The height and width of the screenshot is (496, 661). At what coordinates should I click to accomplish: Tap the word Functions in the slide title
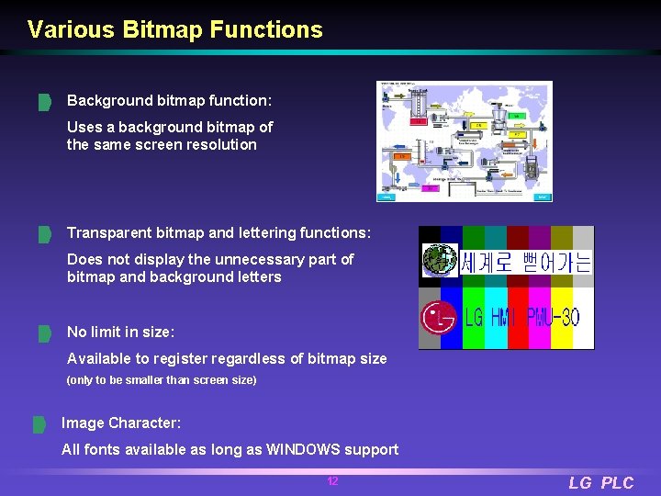(266, 29)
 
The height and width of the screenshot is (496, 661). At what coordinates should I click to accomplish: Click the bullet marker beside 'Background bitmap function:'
(43, 101)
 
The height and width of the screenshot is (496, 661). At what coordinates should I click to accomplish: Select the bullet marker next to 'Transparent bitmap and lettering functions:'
(43, 235)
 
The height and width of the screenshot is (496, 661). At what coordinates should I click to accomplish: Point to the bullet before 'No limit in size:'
(43, 333)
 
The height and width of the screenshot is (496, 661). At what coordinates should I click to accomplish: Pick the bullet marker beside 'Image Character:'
(39, 424)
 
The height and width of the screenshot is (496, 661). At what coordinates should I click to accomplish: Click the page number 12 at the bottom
(332, 481)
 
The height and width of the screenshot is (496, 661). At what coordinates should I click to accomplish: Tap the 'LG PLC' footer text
(600, 483)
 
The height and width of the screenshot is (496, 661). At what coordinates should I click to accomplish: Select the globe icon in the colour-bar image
(439, 261)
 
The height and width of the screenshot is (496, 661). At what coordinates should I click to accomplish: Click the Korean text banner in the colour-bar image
(526, 263)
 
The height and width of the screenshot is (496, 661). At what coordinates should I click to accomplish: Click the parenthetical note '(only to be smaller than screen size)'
(162, 379)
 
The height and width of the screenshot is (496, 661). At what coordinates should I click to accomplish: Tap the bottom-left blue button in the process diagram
(387, 197)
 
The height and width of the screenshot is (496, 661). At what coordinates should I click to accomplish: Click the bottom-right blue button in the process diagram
(543, 197)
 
